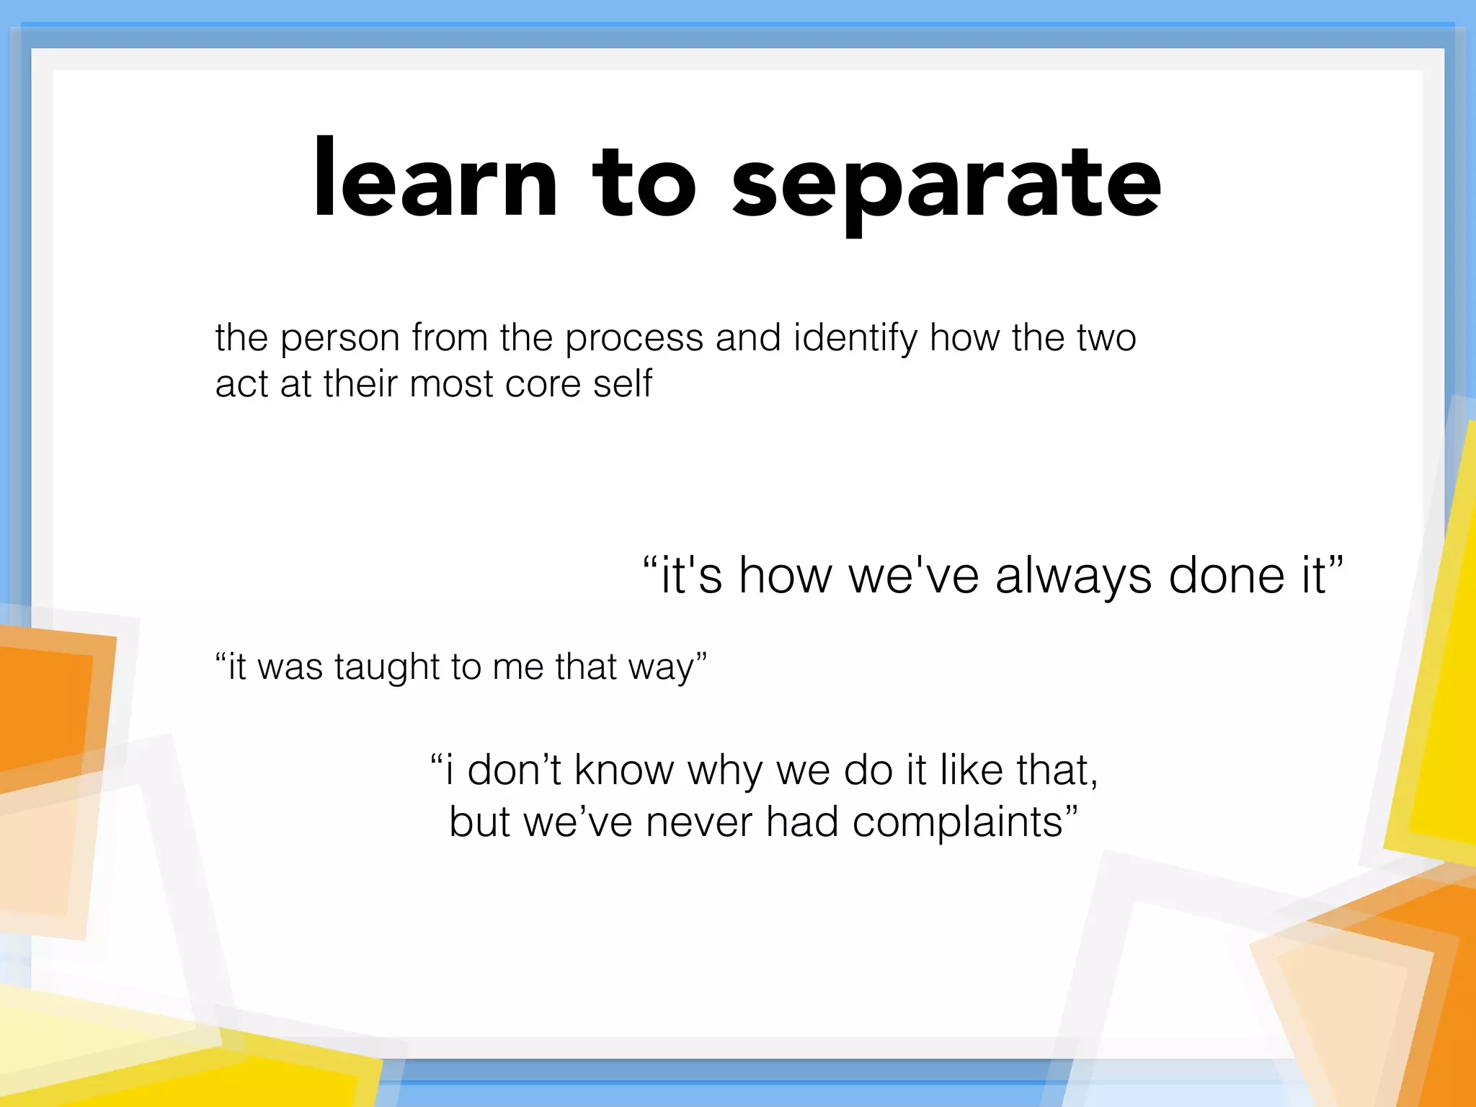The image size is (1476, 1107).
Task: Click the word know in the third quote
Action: click(x=623, y=770)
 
